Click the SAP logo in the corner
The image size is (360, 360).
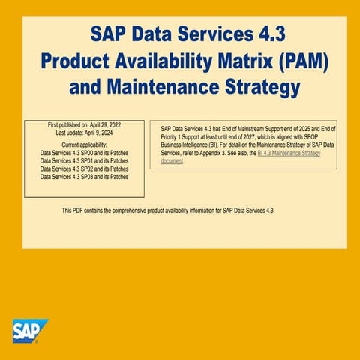coord(29,331)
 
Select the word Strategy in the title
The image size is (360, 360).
coord(254,87)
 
